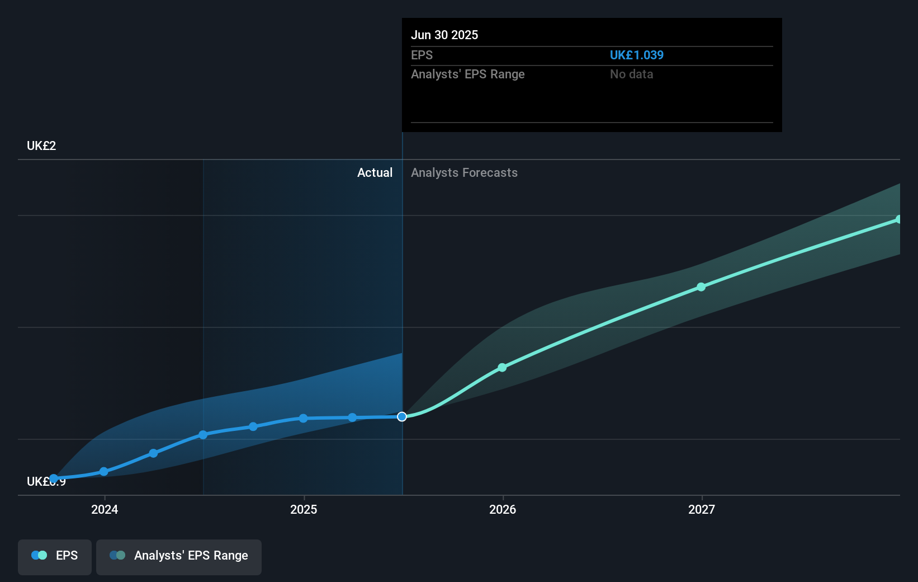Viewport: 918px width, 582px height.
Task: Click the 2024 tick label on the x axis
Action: pyautogui.click(x=105, y=509)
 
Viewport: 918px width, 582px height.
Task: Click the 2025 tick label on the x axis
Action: pyautogui.click(x=304, y=509)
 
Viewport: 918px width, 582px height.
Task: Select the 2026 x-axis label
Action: pyautogui.click(x=503, y=509)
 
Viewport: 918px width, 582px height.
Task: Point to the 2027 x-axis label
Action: pyautogui.click(x=702, y=509)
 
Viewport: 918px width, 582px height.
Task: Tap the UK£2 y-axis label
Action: pyautogui.click(x=41, y=146)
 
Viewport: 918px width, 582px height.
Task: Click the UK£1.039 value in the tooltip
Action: pyautogui.click(x=636, y=55)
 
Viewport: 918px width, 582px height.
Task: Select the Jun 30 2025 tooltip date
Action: pyautogui.click(x=444, y=35)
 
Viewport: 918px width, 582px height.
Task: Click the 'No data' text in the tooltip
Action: pyautogui.click(x=631, y=74)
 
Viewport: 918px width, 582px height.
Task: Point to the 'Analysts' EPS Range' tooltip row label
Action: pyautogui.click(x=467, y=74)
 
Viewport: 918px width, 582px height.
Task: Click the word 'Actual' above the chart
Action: pyautogui.click(x=375, y=173)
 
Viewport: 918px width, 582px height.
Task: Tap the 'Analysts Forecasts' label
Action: pyautogui.click(x=464, y=173)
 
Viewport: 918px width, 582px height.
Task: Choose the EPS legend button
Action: pyautogui.click(x=55, y=556)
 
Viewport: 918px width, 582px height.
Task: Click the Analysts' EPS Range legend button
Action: pyautogui.click(x=179, y=556)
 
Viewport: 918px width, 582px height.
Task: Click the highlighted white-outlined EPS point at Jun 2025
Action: pyautogui.click(x=402, y=416)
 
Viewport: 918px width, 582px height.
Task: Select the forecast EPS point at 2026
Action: pyautogui.click(x=502, y=368)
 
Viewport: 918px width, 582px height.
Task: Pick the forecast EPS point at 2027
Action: pyautogui.click(x=701, y=287)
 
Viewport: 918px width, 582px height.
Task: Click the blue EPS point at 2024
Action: pyautogui.click(x=104, y=472)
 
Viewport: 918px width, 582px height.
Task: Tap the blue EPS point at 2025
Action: pyautogui.click(x=303, y=419)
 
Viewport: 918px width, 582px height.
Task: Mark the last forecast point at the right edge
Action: pyautogui.click(x=898, y=219)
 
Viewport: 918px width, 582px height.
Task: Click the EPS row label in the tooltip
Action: pyautogui.click(x=422, y=55)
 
